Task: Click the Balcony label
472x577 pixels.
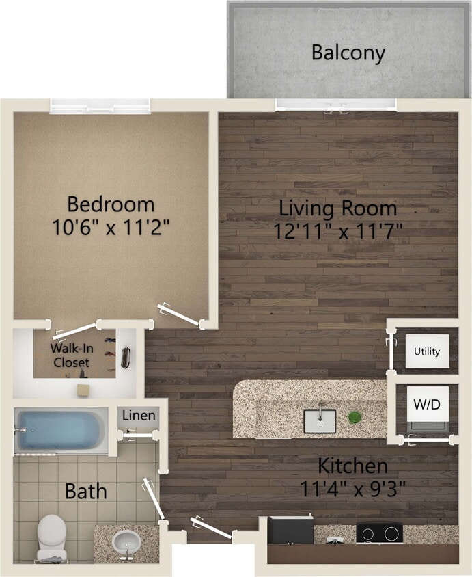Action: (348, 53)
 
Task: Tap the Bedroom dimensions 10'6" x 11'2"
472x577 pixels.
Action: (111, 227)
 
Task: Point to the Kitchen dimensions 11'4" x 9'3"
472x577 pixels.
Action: (353, 489)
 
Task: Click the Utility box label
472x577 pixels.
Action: (427, 352)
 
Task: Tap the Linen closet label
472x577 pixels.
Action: (139, 416)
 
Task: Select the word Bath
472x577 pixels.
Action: (85, 491)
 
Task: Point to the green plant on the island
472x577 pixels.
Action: (354, 416)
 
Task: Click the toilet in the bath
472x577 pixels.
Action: (52, 538)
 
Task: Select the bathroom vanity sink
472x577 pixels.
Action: (126, 544)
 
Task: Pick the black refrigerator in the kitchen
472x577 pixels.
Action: (290, 530)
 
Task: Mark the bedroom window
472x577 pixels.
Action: (100, 106)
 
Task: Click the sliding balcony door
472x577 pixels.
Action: (335, 105)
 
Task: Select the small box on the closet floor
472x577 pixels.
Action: (83, 389)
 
